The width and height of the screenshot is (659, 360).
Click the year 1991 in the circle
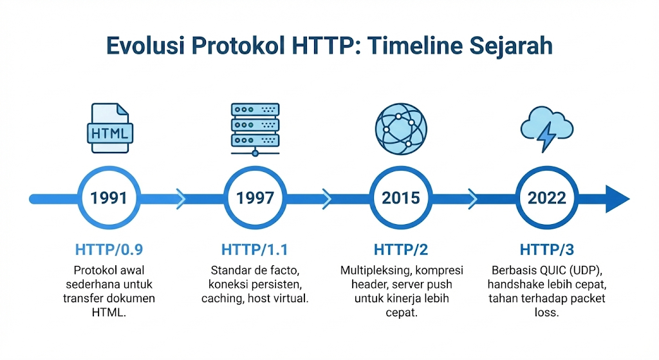click(x=109, y=198)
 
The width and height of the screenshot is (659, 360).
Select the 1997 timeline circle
click(x=255, y=198)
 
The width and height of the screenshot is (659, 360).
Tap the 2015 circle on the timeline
click(x=401, y=198)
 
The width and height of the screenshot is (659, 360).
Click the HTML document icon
click(x=110, y=129)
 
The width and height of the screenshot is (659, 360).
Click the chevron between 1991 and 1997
click(x=181, y=198)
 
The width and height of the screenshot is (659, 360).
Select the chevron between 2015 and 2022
click(x=473, y=198)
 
